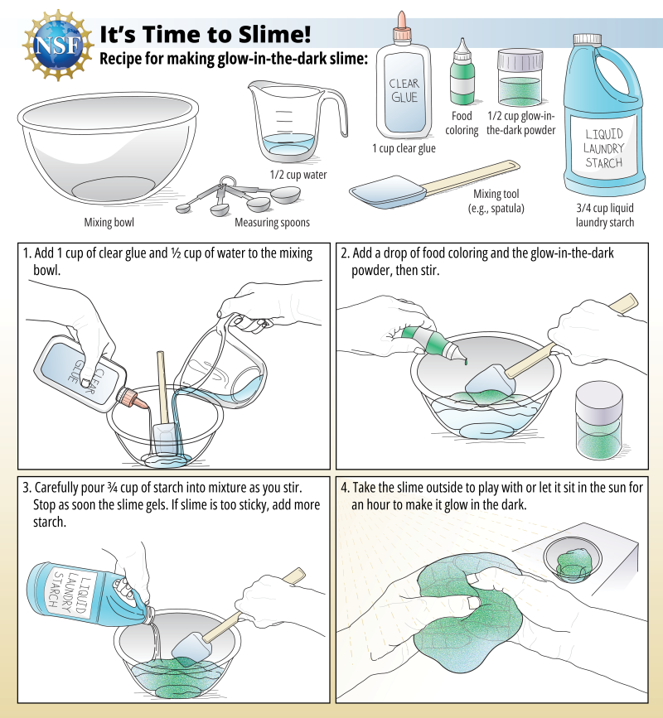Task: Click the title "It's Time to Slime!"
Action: tap(206, 33)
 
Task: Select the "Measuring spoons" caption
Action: tap(272, 222)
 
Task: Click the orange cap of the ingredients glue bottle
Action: tap(402, 22)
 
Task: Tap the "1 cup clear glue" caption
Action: tap(404, 149)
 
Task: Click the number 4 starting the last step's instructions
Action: tap(345, 489)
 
